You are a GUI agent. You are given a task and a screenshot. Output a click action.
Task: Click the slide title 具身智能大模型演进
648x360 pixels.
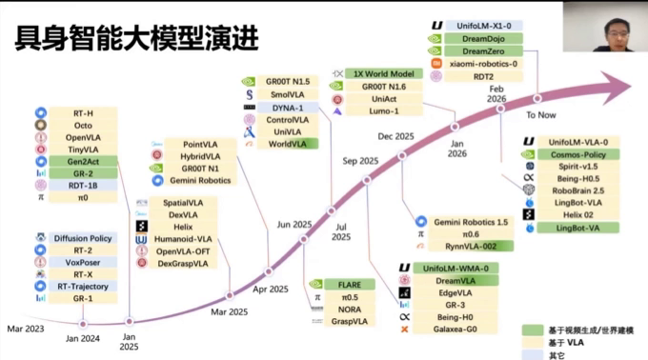coord(133,37)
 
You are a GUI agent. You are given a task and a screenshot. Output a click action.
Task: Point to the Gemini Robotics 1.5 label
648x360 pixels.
coord(471,222)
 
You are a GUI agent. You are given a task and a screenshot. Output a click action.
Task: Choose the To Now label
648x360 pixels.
coord(540,114)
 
